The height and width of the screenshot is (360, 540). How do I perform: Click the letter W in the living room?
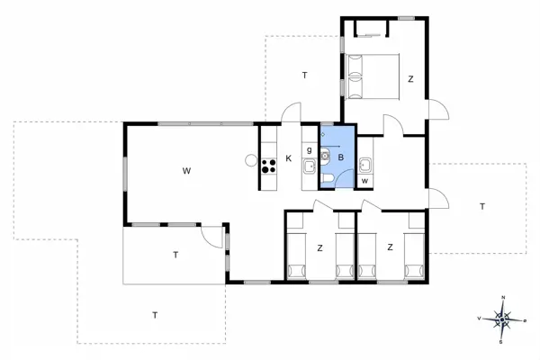[186, 170]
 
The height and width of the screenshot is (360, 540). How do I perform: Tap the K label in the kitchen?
[289, 159]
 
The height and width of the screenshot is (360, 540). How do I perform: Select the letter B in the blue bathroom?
[342, 157]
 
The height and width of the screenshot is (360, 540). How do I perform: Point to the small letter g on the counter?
[309, 150]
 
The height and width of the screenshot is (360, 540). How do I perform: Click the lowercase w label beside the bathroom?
[364, 181]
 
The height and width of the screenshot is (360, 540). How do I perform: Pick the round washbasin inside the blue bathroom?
[326, 154]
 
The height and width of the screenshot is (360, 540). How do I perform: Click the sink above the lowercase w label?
[365, 165]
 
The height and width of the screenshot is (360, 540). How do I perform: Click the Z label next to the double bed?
[410, 79]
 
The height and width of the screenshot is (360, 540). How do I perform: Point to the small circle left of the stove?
[249, 160]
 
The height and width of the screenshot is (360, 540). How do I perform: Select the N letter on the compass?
[503, 298]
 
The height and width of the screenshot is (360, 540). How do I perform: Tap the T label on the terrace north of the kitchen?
[305, 74]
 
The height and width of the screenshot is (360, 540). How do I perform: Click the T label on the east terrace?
[482, 207]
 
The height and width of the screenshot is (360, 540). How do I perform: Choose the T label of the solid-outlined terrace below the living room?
[175, 256]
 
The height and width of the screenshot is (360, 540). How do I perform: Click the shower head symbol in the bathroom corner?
[324, 133]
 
